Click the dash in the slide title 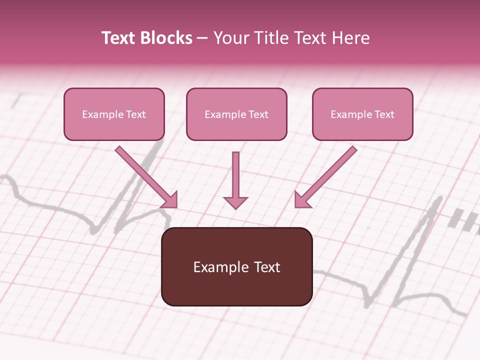[x=202, y=38]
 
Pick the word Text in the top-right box [x=384, y=114]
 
